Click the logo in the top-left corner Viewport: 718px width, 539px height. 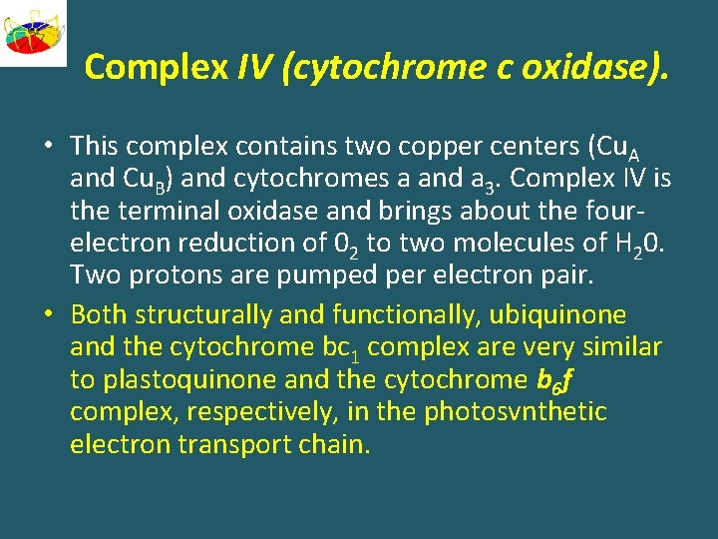(33, 33)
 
